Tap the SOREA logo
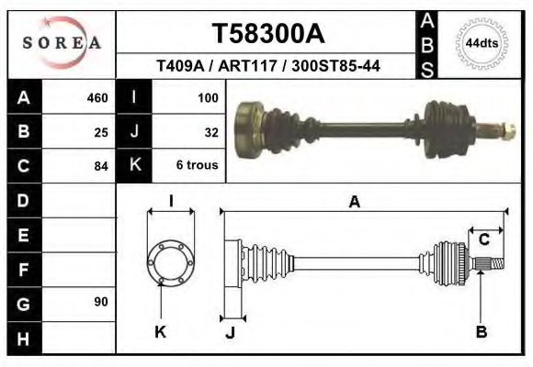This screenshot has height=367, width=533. (x=62, y=42)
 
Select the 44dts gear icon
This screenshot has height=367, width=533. (x=482, y=43)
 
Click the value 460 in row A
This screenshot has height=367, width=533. (x=96, y=98)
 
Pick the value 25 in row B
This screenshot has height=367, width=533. (x=101, y=132)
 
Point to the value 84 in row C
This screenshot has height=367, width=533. (x=101, y=166)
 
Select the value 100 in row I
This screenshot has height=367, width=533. (x=207, y=98)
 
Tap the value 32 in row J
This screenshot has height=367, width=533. (x=210, y=132)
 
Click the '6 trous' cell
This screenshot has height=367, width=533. (x=196, y=166)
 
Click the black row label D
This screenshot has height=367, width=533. (x=23, y=200)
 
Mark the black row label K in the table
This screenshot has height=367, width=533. (x=135, y=166)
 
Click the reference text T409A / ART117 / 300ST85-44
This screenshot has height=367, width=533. (x=268, y=66)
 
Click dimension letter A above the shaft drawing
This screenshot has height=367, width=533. (x=354, y=203)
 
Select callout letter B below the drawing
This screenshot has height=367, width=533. (x=481, y=333)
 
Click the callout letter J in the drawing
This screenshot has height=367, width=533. (x=230, y=333)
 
